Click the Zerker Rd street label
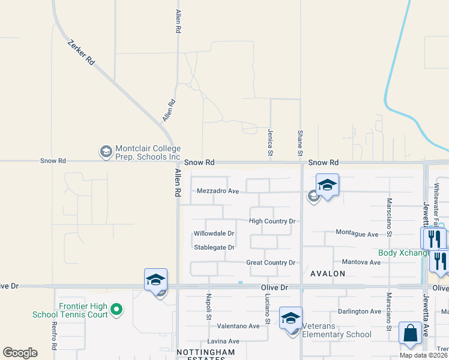click(x=82, y=53)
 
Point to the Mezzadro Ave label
click(x=218, y=191)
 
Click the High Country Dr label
click(x=273, y=221)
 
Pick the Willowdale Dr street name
click(x=214, y=233)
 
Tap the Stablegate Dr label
click(x=214, y=247)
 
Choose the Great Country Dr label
click(x=271, y=263)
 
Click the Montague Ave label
click(x=357, y=233)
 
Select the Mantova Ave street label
click(x=361, y=262)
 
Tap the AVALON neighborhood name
click(x=328, y=274)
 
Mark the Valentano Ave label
click(x=238, y=326)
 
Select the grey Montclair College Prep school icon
click(x=106, y=151)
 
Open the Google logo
click(x=20, y=353)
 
